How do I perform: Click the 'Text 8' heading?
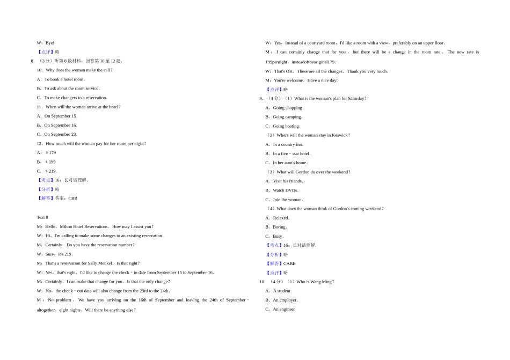click(x=42, y=217)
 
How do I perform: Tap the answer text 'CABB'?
click(x=289, y=263)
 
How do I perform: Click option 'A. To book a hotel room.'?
click(x=61, y=79)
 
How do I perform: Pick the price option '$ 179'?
click(x=50, y=152)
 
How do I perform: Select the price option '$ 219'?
click(x=51, y=171)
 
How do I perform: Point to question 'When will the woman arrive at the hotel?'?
click(x=83, y=107)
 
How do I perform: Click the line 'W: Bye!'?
click(x=46, y=42)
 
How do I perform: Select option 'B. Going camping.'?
click(x=284, y=116)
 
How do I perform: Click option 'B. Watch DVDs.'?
click(x=282, y=190)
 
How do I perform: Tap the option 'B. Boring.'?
click(x=276, y=227)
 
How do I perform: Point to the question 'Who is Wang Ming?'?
click(x=315, y=282)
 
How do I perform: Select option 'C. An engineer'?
click(x=280, y=309)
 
